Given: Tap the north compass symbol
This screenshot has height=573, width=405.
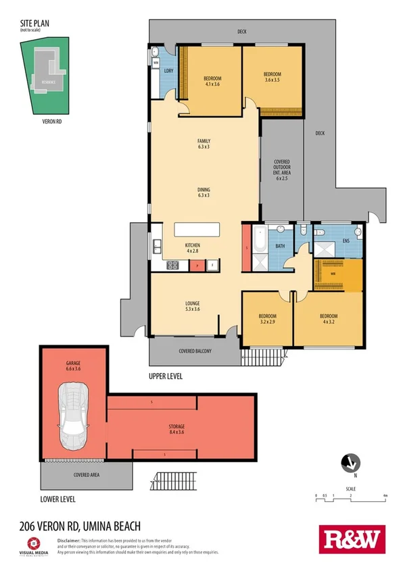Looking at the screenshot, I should tap(348, 463).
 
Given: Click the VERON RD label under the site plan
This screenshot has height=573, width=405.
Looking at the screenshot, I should tap(52, 122).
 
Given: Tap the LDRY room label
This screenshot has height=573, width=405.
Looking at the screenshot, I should tap(168, 72).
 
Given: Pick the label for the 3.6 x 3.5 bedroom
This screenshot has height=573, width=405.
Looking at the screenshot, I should tap(272, 77).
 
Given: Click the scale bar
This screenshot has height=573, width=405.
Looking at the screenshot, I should tap(350, 499).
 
